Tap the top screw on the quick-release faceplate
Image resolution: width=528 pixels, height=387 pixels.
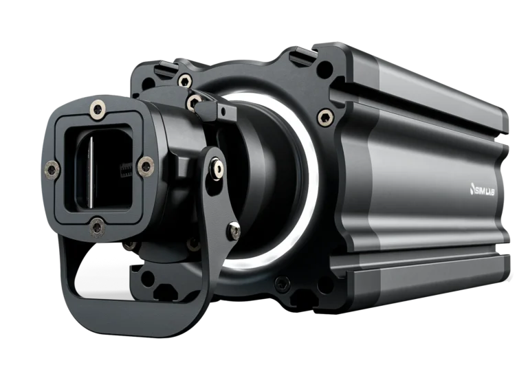(x=98, y=110)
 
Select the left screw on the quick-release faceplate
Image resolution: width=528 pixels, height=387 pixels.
(x=52, y=168)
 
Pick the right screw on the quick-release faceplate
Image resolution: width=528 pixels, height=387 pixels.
(x=146, y=166)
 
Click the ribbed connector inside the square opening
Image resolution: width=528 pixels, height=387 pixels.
(x=125, y=169)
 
